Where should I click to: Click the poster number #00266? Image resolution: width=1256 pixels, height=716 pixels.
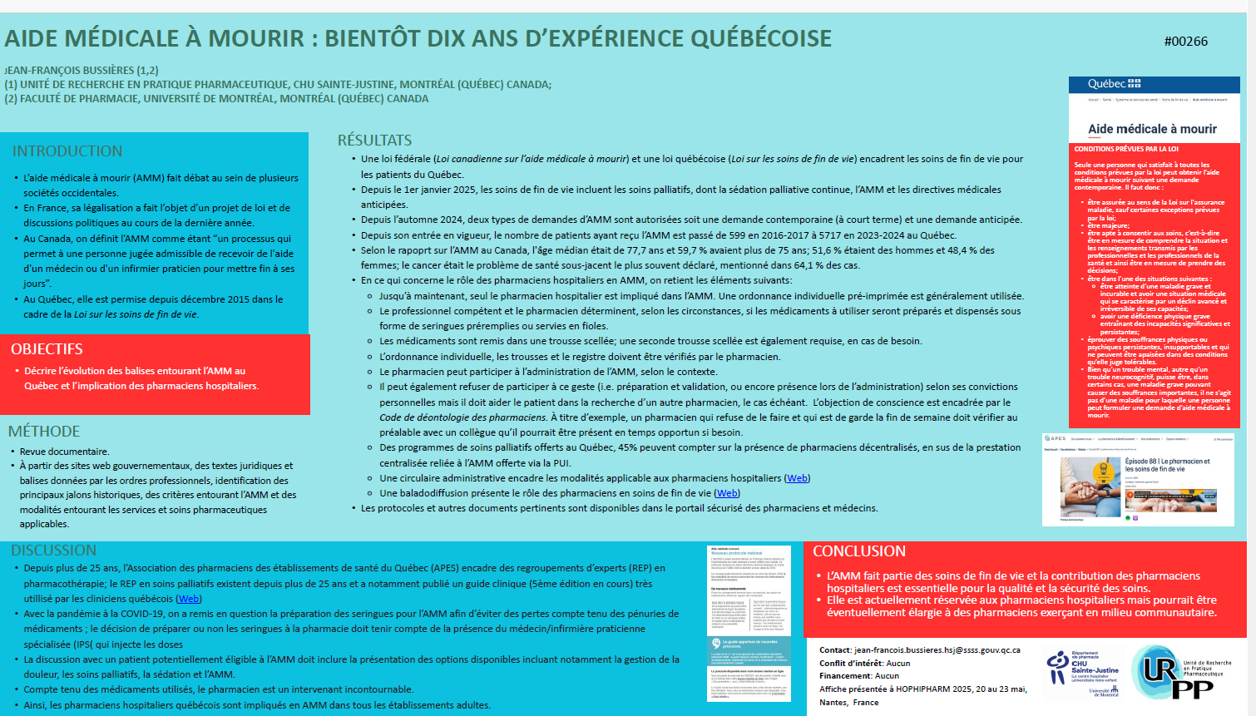[x=1185, y=42]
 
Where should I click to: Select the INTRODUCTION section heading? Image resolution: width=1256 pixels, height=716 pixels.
[x=67, y=151]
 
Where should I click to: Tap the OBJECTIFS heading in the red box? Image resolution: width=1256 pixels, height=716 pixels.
[x=47, y=349]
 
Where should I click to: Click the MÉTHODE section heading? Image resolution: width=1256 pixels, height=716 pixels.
[x=44, y=432]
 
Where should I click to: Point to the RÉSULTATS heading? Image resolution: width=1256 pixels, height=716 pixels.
[x=374, y=141]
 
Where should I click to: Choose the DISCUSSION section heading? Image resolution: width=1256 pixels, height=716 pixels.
[x=53, y=551]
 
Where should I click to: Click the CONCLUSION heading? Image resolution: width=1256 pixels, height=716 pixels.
[x=858, y=551]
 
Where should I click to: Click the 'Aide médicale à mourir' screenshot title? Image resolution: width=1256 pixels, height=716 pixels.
[x=1152, y=129]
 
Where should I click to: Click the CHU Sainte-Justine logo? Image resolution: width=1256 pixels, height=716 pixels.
[x=1081, y=673]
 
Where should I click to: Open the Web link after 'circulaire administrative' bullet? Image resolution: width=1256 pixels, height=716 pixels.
[x=797, y=478]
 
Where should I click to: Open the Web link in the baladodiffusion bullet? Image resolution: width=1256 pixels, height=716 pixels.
[x=727, y=493]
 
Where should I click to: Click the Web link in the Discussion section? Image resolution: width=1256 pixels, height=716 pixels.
[x=189, y=599]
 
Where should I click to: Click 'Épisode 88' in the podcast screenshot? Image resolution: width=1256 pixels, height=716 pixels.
[x=1140, y=462]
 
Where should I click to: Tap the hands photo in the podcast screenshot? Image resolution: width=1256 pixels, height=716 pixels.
[x=1090, y=487]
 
